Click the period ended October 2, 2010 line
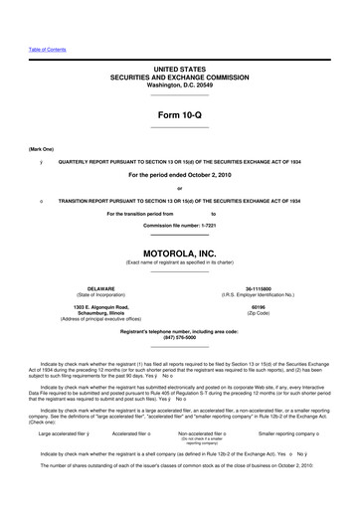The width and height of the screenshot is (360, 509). coord(179,176)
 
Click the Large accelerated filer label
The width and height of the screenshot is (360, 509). coord(66,433)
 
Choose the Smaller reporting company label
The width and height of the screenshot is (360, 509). coord(294,433)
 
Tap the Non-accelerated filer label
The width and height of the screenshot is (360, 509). coord(220,433)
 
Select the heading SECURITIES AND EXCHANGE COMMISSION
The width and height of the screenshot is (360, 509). coord(179,75)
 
